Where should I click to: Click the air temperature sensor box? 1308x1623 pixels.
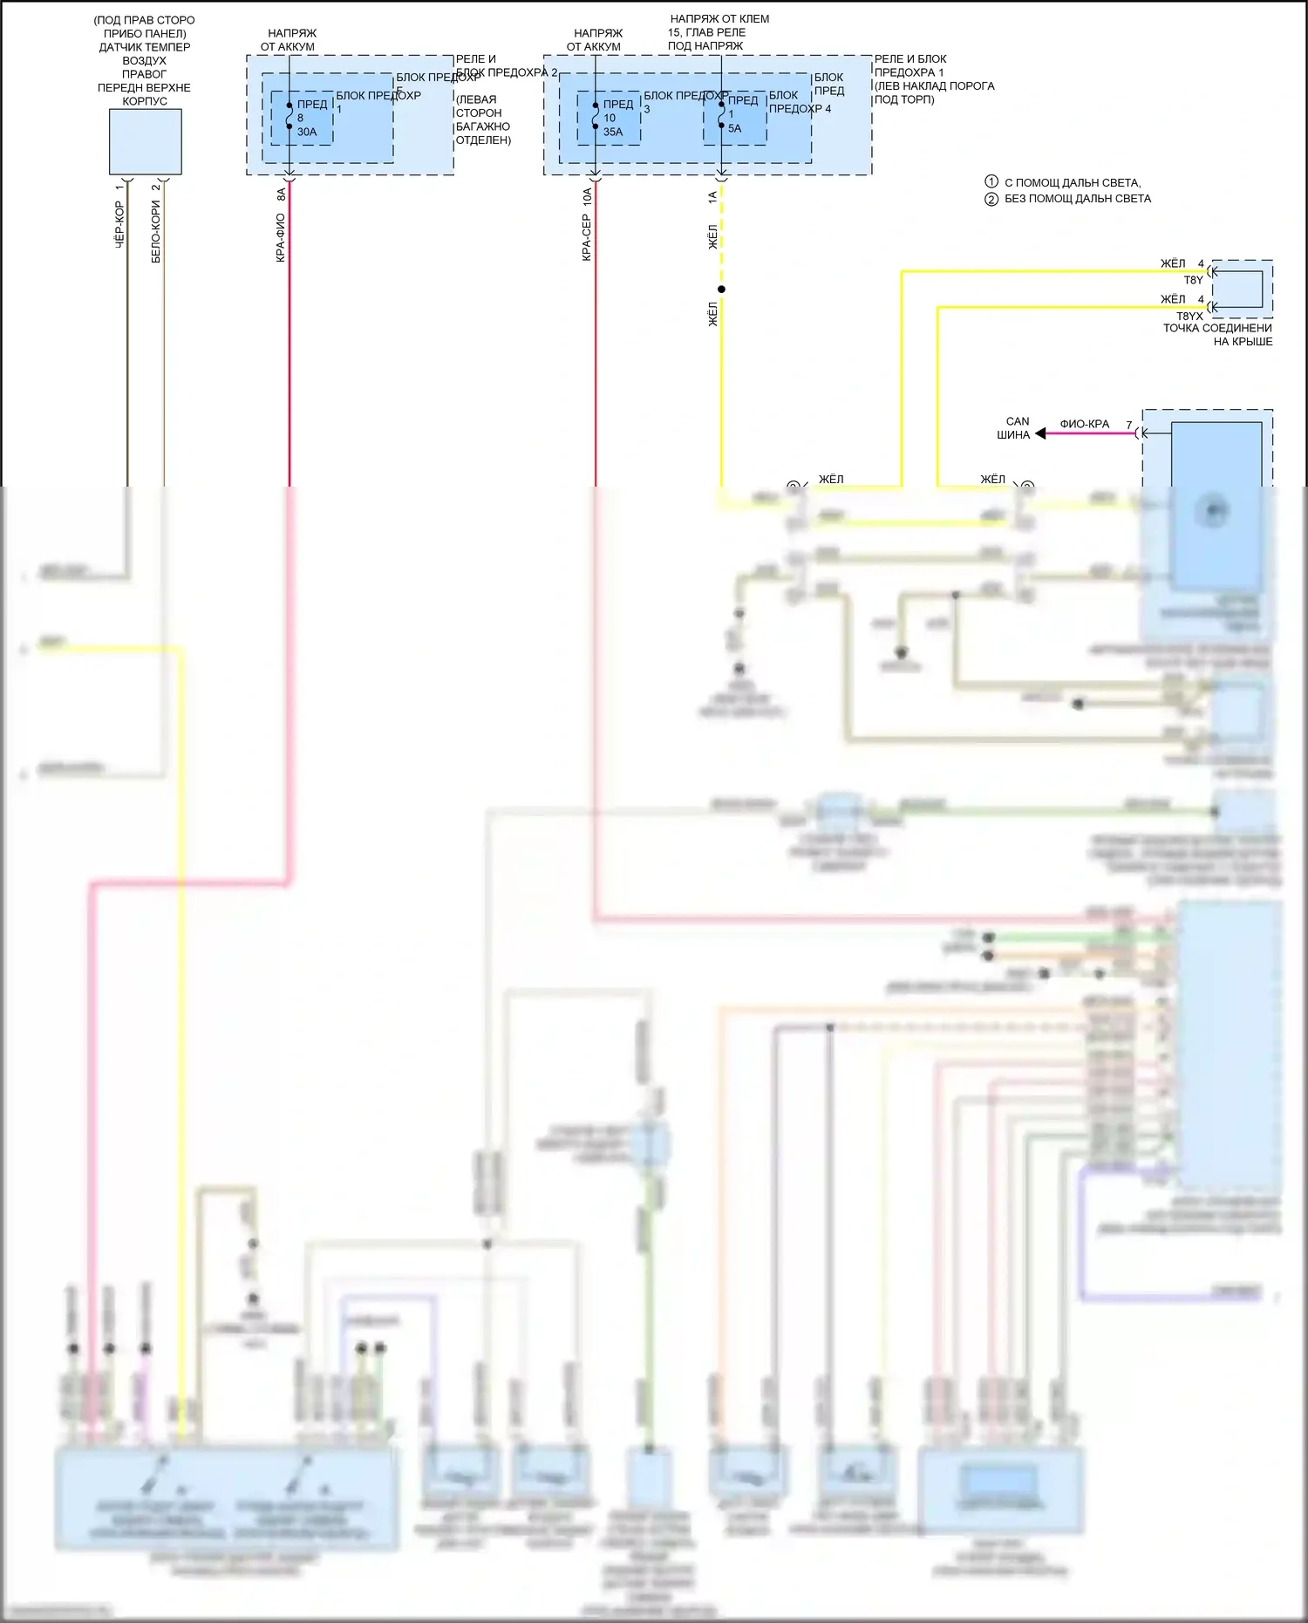(x=145, y=142)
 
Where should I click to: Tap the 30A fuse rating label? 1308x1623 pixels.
(x=307, y=133)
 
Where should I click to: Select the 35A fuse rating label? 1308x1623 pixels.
(x=613, y=133)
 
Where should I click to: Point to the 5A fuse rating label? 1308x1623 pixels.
(x=734, y=128)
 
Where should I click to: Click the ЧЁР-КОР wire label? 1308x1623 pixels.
(x=119, y=224)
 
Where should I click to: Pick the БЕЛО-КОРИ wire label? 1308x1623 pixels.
(x=156, y=231)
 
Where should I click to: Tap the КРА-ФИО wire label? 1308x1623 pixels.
(x=281, y=238)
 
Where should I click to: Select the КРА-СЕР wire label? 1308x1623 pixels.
(x=587, y=238)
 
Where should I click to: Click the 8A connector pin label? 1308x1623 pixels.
(x=281, y=195)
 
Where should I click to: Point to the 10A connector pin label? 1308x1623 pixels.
(x=587, y=197)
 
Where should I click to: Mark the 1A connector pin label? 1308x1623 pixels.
(x=712, y=198)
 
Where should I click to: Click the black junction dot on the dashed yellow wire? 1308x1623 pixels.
(x=721, y=290)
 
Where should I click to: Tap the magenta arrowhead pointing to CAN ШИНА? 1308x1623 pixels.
(x=1040, y=433)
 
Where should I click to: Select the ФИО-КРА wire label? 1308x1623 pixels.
(x=1084, y=424)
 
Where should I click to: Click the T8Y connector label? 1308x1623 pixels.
(x=1193, y=280)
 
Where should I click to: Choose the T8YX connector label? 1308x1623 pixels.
(x=1189, y=317)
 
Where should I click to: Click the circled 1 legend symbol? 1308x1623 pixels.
(x=991, y=182)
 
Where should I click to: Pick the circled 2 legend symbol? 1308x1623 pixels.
(x=991, y=199)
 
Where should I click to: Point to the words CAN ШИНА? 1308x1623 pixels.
(x=1014, y=427)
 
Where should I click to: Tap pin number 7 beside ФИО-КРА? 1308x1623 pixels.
(x=1128, y=425)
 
